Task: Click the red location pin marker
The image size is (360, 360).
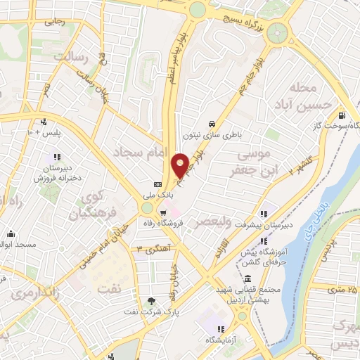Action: pyautogui.click(x=180, y=165)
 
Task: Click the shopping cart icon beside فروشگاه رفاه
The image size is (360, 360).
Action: pyautogui.click(x=163, y=214)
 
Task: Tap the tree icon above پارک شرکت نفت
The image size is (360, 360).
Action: pyautogui.click(x=150, y=300)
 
